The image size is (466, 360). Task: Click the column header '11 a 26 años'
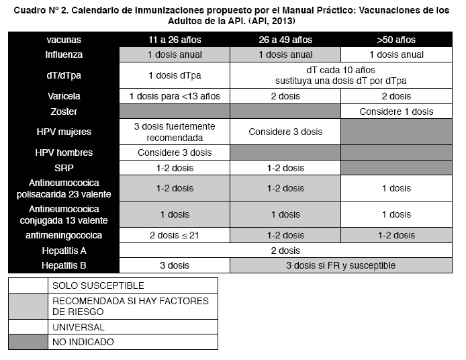[x=174, y=40]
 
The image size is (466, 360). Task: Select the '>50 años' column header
[x=396, y=40]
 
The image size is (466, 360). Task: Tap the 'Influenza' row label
[x=64, y=54]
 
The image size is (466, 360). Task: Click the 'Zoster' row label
[x=64, y=111]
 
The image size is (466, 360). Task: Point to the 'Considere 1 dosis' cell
[x=396, y=111]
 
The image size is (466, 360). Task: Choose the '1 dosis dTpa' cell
[x=174, y=75]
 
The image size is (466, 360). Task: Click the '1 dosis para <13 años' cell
[x=174, y=96]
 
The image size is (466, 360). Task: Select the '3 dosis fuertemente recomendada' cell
[x=174, y=132]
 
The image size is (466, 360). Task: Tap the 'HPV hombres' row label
[x=64, y=152]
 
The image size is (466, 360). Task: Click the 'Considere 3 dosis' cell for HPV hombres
[x=174, y=152]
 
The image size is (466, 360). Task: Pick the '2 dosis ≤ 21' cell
[x=174, y=235]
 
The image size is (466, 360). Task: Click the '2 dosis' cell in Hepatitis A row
[x=285, y=251]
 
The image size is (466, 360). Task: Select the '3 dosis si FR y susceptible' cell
[x=341, y=265]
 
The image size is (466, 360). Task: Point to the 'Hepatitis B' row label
[x=64, y=265]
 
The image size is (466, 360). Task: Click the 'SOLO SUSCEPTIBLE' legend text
[x=98, y=285]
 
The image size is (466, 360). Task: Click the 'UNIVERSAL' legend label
[x=79, y=327]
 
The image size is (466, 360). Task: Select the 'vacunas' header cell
[x=64, y=40]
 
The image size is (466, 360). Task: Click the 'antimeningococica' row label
[x=64, y=235]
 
